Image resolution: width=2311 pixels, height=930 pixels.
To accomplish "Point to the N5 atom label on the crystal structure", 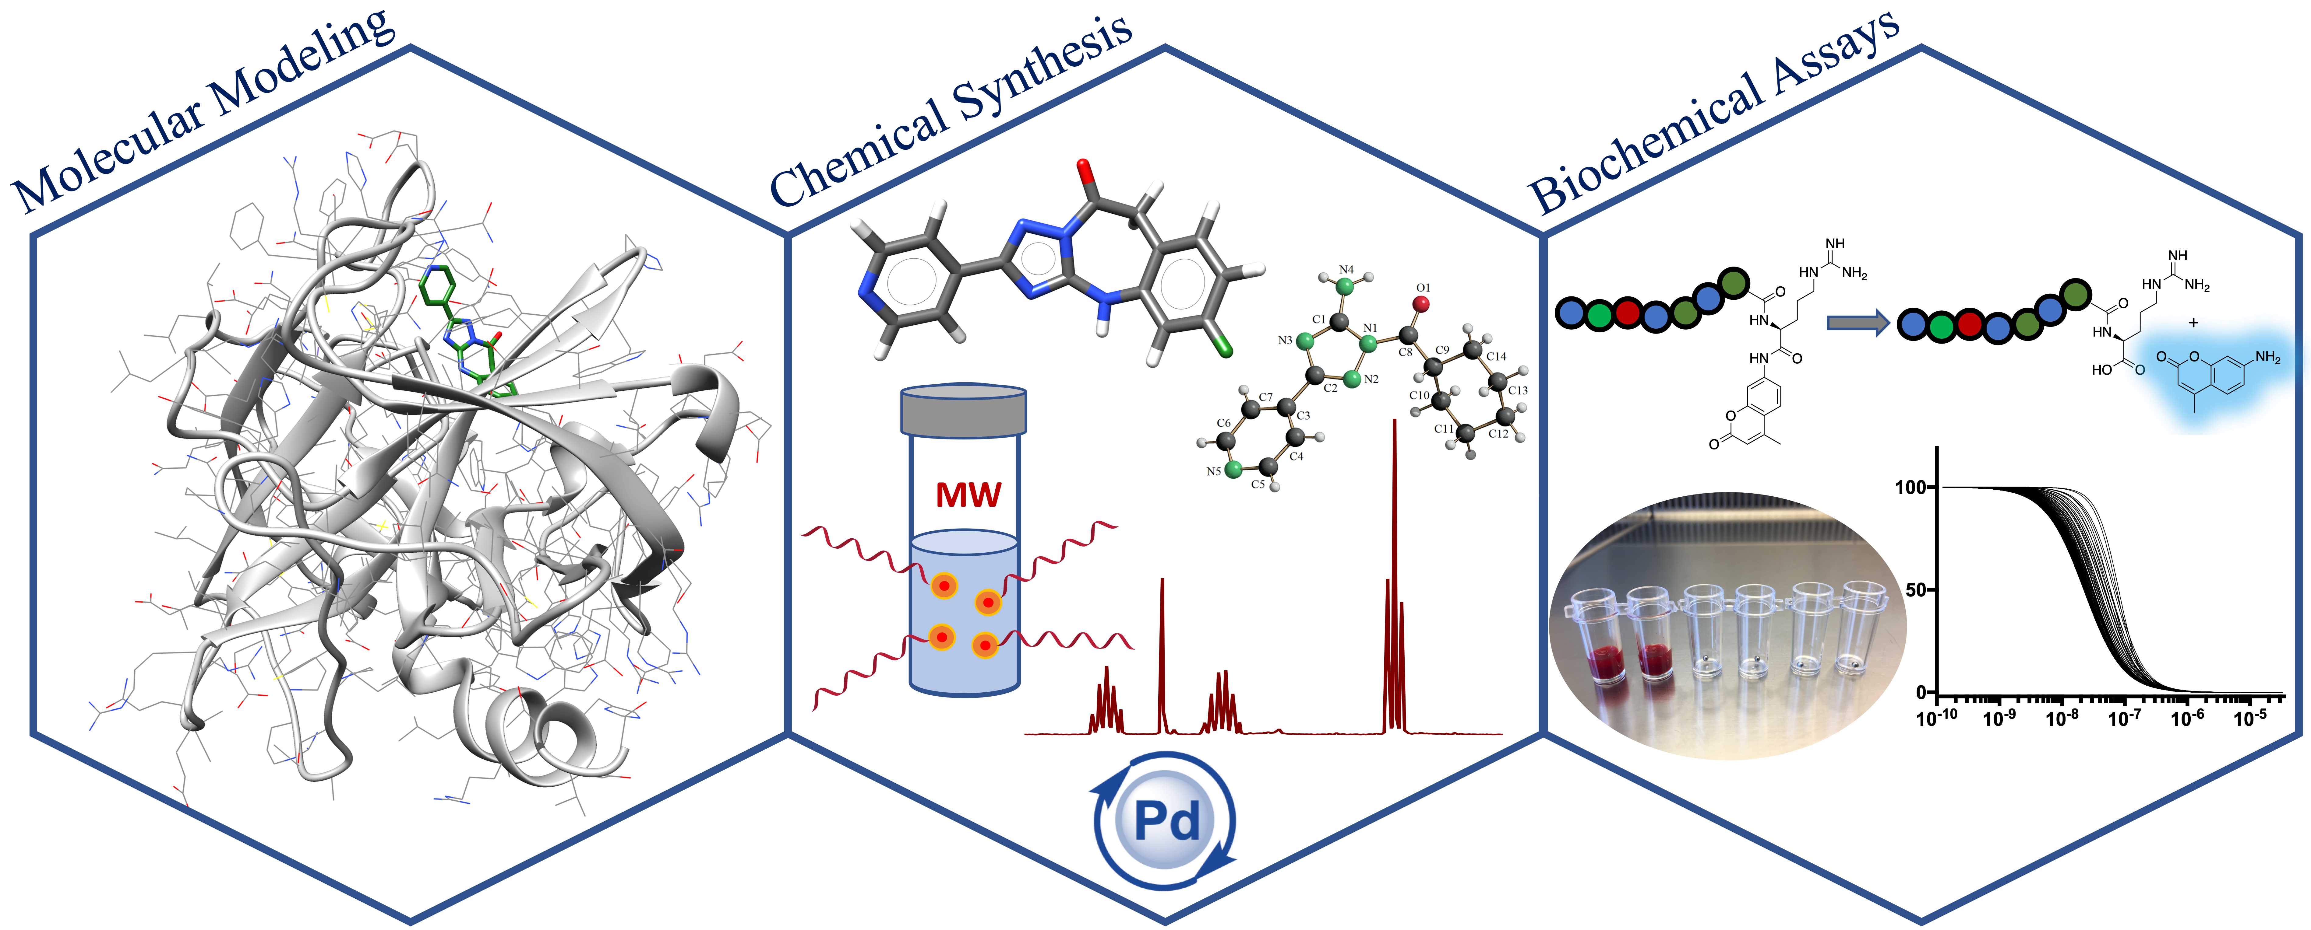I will (1213, 471).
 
